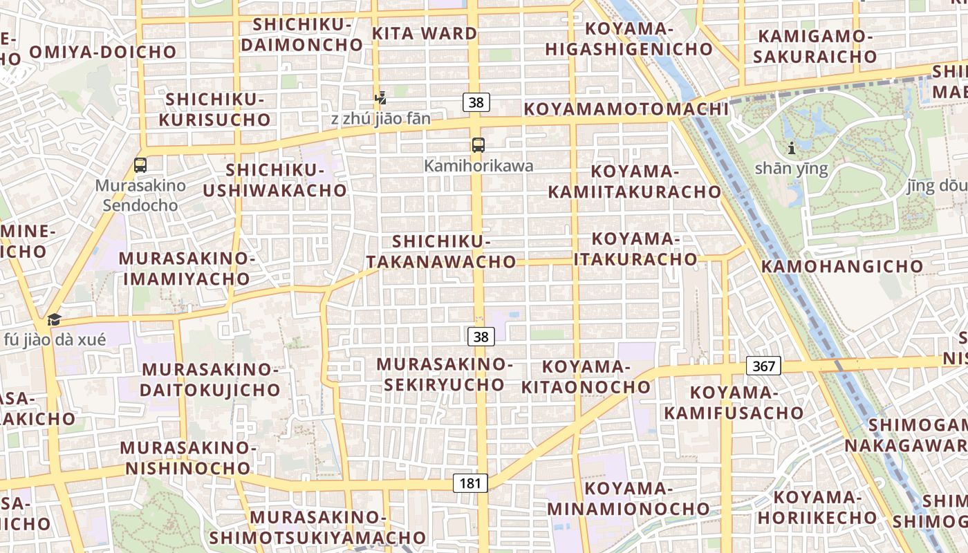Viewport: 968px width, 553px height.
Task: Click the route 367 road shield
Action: coord(763,366)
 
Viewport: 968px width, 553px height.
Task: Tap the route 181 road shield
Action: coord(470,483)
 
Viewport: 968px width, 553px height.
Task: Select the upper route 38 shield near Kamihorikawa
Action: coord(476,102)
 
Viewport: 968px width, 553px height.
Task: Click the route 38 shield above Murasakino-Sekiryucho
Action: coord(481,337)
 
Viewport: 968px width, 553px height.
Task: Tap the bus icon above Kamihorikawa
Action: coord(478,144)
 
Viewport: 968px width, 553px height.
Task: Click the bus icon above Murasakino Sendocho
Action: coord(140,165)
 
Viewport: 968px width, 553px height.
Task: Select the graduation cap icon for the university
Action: coord(54,319)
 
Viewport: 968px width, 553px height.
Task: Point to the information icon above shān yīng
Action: coord(791,147)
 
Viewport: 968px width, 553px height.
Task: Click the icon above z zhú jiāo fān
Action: coord(380,97)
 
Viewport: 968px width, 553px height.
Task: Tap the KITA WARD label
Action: coord(425,33)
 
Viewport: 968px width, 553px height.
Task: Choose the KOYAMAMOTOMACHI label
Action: coord(626,109)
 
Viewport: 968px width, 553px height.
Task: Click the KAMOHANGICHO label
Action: coord(842,266)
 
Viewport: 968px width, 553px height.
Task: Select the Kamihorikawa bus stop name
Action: coord(478,166)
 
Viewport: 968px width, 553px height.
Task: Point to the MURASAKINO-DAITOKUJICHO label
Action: coord(210,379)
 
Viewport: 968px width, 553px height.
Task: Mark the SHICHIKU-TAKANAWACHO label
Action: coord(441,252)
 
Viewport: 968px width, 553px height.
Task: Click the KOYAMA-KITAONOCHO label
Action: coord(586,377)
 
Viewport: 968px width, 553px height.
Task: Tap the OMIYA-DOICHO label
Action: coord(103,51)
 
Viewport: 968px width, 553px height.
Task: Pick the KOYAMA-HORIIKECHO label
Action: coord(817,507)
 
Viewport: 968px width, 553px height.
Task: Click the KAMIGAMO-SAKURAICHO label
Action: coord(814,46)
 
